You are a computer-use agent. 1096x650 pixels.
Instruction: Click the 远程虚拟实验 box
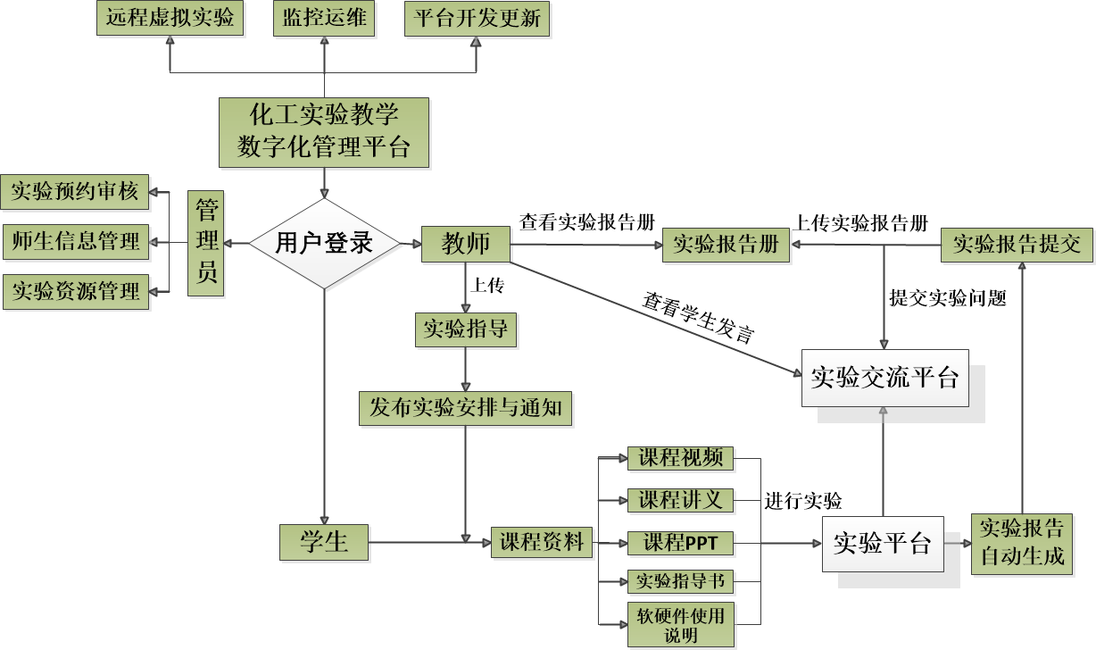[x=170, y=19]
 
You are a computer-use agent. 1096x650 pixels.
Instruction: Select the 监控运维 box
[x=324, y=19]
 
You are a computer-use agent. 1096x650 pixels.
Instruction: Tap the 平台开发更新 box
[x=477, y=19]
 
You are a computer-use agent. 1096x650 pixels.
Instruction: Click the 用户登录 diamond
[x=324, y=243]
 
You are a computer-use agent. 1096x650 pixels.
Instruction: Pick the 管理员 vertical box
[x=207, y=242]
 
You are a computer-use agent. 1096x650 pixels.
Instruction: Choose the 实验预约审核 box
[x=75, y=192]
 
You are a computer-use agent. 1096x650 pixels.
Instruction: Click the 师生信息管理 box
[x=75, y=241]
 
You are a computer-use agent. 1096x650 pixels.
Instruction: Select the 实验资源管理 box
[x=75, y=291]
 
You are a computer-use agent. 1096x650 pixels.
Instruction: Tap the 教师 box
[x=466, y=243]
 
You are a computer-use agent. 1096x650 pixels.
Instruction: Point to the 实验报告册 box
[x=726, y=245]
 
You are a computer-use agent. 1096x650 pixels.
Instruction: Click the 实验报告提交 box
[x=1017, y=244]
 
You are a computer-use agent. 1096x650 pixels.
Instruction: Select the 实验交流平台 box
[x=884, y=378]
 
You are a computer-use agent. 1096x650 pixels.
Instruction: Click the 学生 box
[x=324, y=541]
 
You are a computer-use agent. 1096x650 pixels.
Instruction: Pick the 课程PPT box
[x=680, y=542]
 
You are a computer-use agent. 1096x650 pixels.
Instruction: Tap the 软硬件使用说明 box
[x=680, y=625]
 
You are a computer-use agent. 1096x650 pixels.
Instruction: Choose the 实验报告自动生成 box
[x=1022, y=542]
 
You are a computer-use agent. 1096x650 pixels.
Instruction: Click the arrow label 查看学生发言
[x=699, y=318]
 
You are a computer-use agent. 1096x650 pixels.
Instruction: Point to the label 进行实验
[x=803, y=500]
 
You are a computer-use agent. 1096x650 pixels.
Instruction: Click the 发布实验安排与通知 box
[x=465, y=408]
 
